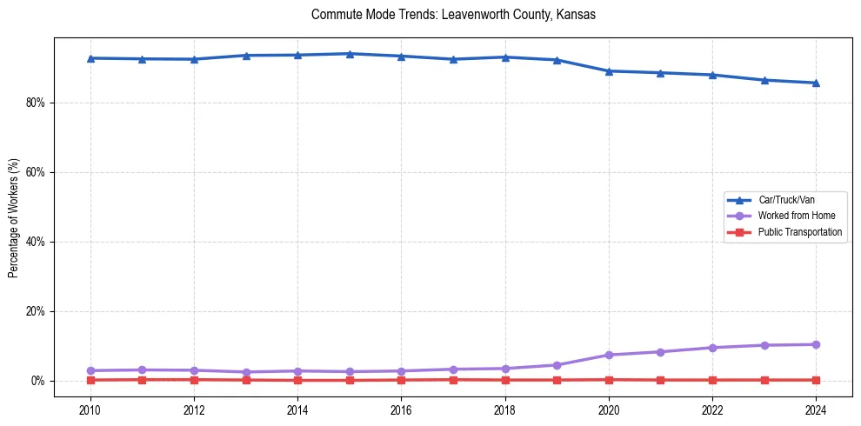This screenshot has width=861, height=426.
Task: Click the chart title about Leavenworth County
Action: click(x=452, y=15)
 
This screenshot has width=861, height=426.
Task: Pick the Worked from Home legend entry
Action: click(x=791, y=216)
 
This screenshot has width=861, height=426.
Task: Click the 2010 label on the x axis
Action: click(x=90, y=409)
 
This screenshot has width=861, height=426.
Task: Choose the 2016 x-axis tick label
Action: click(x=401, y=409)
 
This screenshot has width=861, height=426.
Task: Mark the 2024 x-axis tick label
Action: click(x=816, y=409)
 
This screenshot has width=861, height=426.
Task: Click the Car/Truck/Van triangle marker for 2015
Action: click(x=350, y=54)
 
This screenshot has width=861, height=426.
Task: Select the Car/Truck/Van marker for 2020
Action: click(x=609, y=71)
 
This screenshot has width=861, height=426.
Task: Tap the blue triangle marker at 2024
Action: click(x=816, y=83)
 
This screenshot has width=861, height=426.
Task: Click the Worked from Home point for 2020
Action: click(x=609, y=355)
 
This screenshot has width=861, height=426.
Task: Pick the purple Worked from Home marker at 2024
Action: click(x=816, y=344)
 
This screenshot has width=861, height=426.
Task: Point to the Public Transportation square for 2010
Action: click(x=90, y=380)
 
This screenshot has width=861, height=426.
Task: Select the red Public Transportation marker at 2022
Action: click(x=712, y=380)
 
